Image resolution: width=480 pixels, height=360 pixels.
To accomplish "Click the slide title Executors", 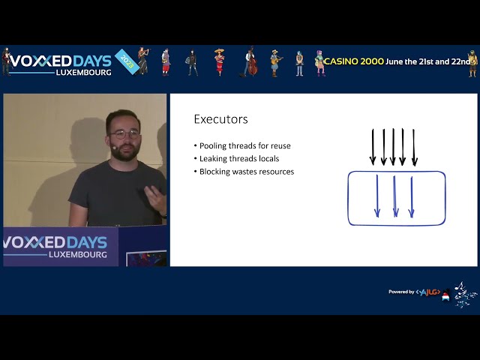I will coord(220,119).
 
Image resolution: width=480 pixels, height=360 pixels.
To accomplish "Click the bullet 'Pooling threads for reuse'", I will coord(244,145).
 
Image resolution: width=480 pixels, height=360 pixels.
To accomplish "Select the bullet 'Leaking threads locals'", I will coord(238,158).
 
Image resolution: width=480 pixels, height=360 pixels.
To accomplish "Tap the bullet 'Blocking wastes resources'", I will coord(246,172).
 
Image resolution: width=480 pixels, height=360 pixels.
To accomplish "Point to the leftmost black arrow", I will coord(373,146).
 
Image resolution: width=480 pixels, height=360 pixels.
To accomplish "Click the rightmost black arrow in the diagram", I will coord(414,146).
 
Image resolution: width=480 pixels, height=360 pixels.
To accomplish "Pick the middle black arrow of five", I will coord(393,146).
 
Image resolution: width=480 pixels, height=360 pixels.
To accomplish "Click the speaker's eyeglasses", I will coord(124,133).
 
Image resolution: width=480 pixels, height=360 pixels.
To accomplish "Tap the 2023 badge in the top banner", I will coord(125,61).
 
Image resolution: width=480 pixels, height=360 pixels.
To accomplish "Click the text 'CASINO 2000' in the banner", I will coord(353,61).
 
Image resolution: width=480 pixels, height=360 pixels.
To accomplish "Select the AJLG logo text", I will coord(429,292).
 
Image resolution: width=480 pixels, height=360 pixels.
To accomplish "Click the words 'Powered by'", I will coord(401,292).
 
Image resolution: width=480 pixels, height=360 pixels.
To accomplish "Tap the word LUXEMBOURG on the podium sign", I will coord(78,254).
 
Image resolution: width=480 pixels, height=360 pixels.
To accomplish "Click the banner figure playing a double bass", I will coord(250,62).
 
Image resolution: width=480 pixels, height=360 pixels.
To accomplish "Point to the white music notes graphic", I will coord(464,293).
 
